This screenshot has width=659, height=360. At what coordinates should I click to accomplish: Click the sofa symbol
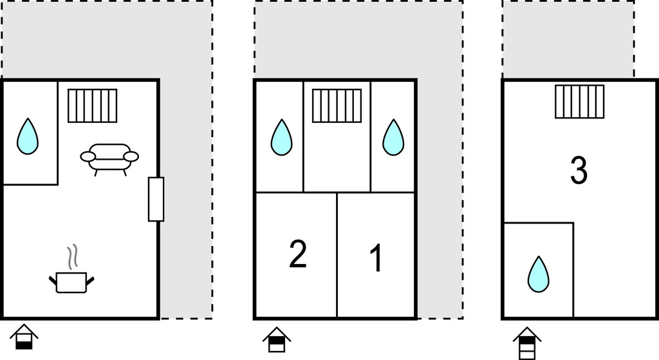pos(109,160)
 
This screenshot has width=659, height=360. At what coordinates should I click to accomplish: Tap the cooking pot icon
pos(71,282)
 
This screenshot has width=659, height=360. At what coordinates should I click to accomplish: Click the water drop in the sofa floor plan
pos(28,136)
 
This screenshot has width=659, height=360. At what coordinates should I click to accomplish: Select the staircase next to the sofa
pos(93,106)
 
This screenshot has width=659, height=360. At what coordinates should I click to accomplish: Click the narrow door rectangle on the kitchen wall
pos(156,200)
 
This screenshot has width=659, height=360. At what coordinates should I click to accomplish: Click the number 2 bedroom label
pos(298,254)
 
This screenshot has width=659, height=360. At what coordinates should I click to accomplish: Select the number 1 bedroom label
pos(376,258)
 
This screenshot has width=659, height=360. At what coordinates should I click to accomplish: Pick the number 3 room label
pos(579,170)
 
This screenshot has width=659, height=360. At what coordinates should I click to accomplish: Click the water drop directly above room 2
pos(281,137)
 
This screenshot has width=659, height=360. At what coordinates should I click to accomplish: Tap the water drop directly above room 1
pos(393,137)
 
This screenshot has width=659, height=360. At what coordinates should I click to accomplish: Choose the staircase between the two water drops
pos(337,106)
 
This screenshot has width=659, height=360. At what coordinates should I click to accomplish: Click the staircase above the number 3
pos(580,101)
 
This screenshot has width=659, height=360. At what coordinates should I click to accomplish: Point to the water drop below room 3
pos(539,274)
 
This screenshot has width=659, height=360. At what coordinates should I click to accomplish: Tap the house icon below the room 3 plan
pos(527,343)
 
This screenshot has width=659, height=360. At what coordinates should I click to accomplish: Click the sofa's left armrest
pos(88,157)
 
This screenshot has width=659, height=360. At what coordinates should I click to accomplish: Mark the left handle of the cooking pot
pos(53,279)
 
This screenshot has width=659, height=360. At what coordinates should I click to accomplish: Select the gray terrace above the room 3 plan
pos(569,39)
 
